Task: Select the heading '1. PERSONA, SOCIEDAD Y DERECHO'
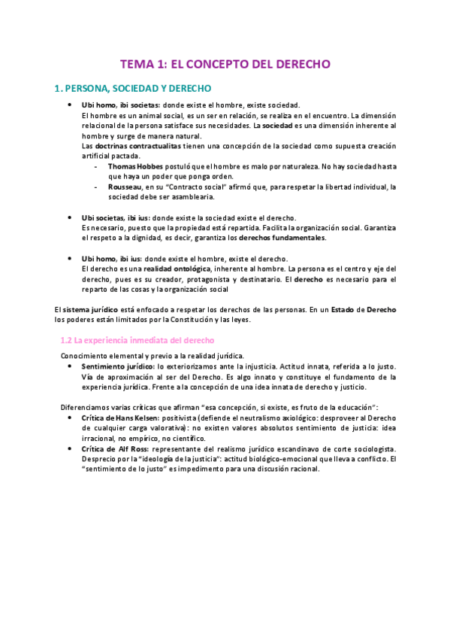tap(133, 89)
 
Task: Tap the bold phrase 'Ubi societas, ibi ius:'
tap(116, 217)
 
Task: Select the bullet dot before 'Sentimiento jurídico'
tap(68, 366)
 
